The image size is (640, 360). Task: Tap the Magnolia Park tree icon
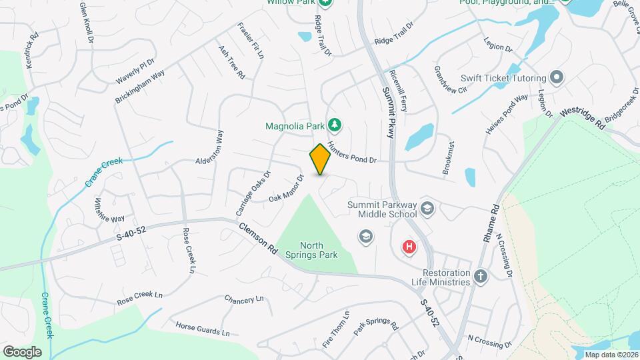click(x=335, y=124)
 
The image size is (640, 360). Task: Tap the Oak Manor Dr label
click(x=287, y=189)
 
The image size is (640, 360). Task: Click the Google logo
click(x=21, y=351)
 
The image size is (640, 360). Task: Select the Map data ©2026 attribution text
click(x=611, y=354)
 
